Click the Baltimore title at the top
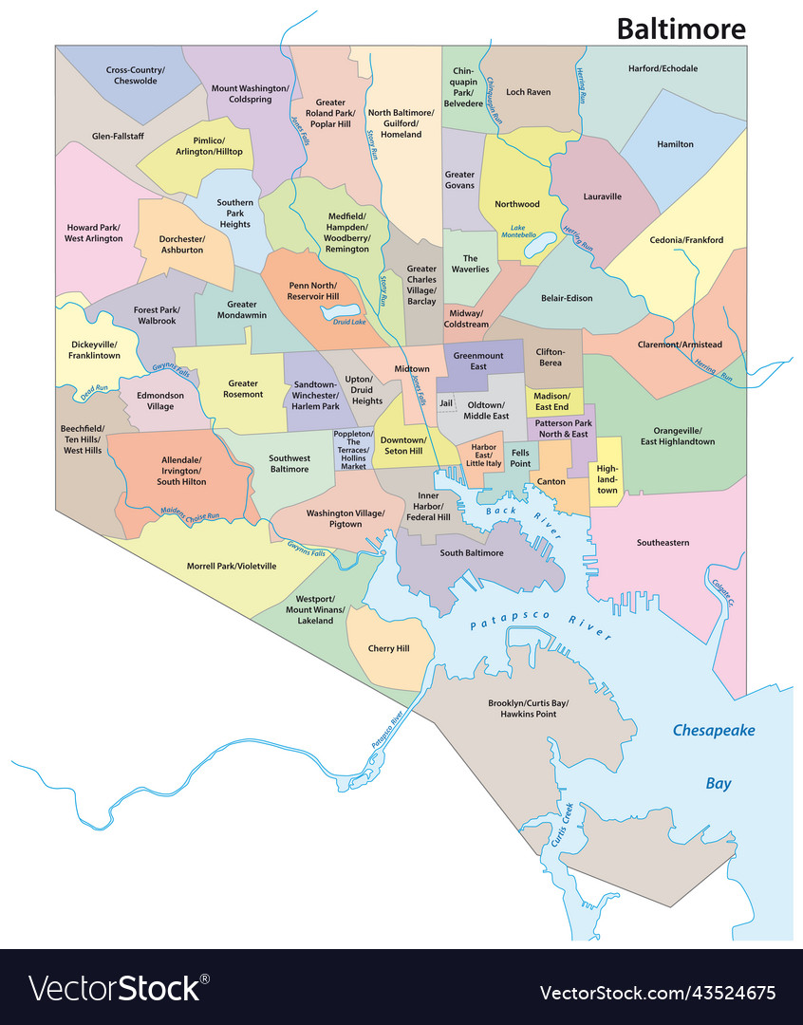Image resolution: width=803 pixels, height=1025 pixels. coord(681,28)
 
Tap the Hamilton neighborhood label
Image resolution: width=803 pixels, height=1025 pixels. coord(675,144)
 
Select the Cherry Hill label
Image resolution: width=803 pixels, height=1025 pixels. coord(388,648)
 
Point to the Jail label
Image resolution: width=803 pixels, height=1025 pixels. coord(446,403)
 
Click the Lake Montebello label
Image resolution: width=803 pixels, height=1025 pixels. coord(523,231)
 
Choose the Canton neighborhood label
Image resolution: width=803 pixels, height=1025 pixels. coord(551,481)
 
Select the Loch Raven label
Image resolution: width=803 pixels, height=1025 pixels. coord(528,92)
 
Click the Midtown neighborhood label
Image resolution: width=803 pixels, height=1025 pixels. coord(412,369)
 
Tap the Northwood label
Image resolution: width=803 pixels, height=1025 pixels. coord(517,204)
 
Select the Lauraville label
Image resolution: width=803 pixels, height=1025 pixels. coord(602,196)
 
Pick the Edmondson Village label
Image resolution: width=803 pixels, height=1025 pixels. coord(160,401)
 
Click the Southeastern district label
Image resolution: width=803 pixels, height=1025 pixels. coord(663,542)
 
